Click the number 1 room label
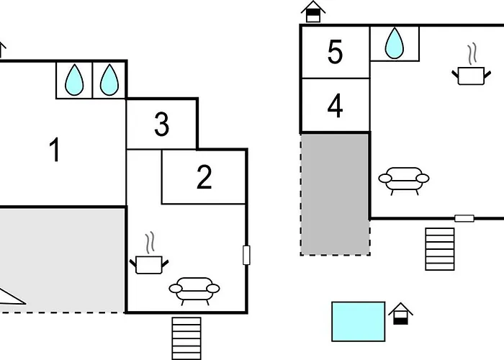coord(54,151)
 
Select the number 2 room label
coord(204,177)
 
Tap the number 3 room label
coord(162,125)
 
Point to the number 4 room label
coord(335,107)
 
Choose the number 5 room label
coord(335,53)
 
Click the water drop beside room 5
coord(395,43)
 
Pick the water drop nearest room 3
coord(109,80)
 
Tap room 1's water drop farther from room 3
coord(74,80)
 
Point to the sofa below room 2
coord(194,290)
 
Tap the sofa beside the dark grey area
coord(403,179)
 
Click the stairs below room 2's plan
coord(186,337)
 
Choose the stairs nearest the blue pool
coord(440,248)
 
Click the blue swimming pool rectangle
coord(359,321)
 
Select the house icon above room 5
coord(312,12)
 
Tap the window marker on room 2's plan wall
coord(246,255)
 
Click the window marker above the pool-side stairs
coord(464,218)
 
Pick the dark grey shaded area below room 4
coord(335,194)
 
